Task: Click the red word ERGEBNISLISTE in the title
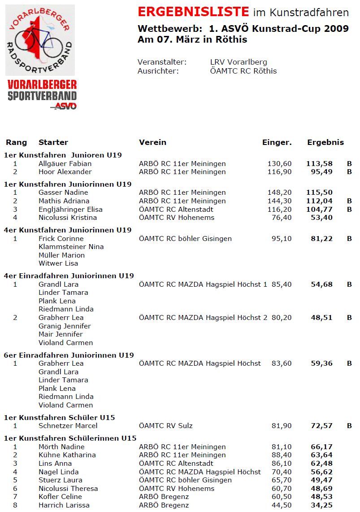(x=193, y=12)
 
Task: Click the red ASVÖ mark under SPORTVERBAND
(x=65, y=106)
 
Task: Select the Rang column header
(x=16, y=142)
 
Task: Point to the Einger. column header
(x=277, y=142)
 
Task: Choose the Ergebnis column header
(x=325, y=142)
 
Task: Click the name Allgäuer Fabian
(x=65, y=164)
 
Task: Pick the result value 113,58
(x=319, y=164)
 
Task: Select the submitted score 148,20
(x=280, y=193)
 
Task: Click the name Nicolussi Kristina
(x=68, y=218)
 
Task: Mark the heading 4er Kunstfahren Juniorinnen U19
(x=68, y=230)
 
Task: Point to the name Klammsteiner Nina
(x=71, y=247)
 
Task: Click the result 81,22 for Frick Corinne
(x=321, y=239)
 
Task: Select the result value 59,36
(x=321, y=363)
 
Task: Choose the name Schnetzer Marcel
(x=68, y=426)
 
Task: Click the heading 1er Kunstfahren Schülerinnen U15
(x=70, y=438)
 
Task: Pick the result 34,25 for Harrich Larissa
(x=321, y=505)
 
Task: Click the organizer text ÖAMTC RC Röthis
(x=243, y=71)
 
